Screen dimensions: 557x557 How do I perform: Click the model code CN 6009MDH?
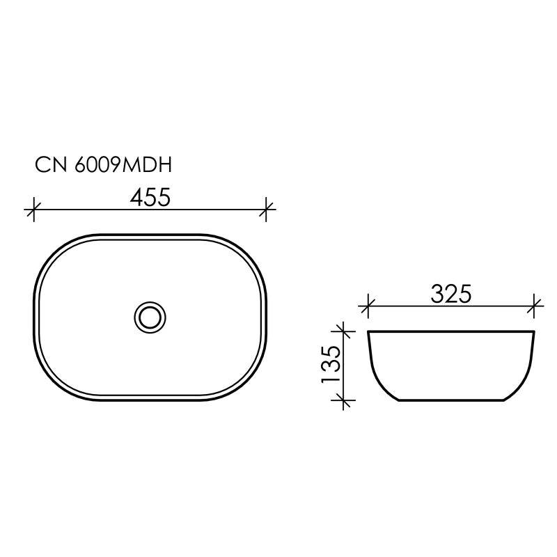(x=103, y=165)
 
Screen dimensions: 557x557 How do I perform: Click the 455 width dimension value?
(x=150, y=198)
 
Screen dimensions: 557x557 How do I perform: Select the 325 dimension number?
(x=450, y=294)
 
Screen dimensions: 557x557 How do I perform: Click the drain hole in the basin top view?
(x=150, y=317)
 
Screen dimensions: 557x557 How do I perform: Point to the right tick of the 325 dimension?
(x=535, y=304)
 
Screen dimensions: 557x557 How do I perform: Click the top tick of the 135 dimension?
(x=342, y=331)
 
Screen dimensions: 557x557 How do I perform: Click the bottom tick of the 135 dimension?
(x=342, y=400)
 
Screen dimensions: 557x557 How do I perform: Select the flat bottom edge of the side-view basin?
(x=451, y=401)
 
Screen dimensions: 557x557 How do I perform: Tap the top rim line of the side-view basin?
(x=451, y=331)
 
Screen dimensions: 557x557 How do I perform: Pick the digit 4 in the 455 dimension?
(x=136, y=198)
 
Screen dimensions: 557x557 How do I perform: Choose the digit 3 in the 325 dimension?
(x=437, y=294)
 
